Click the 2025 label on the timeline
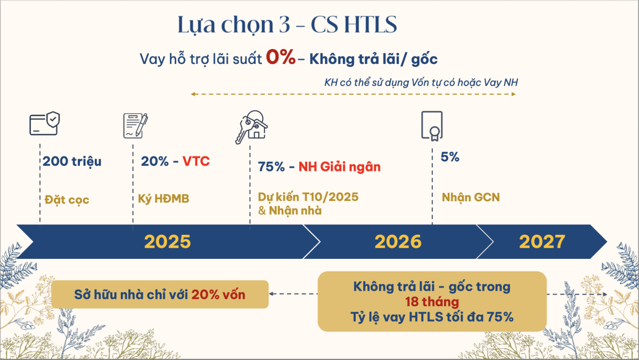click(x=167, y=242)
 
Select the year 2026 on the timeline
click(x=398, y=242)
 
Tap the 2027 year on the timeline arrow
click(x=542, y=242)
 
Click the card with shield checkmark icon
click(x=45, y=123)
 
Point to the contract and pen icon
click(x=135, y=126)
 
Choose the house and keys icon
click(x=251, y=127)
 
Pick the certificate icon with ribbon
click(x=432, y=126)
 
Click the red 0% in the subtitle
click(x=281, y=57)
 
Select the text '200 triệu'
click(x=72, y=161)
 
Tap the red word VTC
click(x=196, y=161)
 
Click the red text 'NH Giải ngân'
click(x=340, y=167)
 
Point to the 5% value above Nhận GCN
click(x=450, y=157)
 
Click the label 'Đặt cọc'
click(x=67, y=200)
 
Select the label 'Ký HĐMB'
click(x=163, y=199)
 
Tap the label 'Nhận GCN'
click(x=471, y=198)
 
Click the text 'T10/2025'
click(x=330, y=197)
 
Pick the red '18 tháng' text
click(x=432, y=302)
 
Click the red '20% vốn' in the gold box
click(x=218, y=294)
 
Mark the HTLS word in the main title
click(x=370, y=24)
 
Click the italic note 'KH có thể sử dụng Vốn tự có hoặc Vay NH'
click(x=421, y=83)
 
